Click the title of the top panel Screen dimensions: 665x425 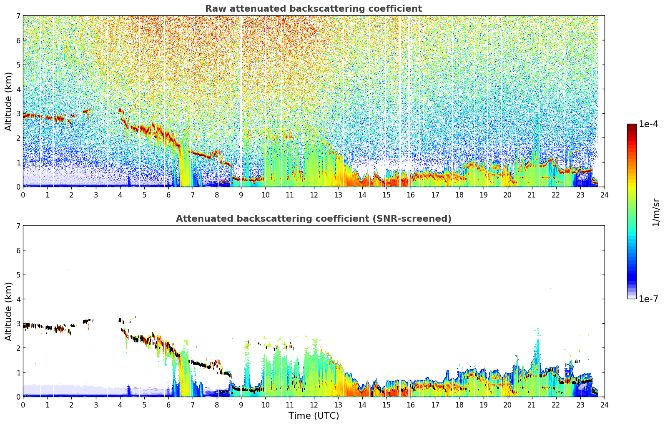point(314,9)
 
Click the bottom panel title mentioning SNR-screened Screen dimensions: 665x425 point(314,219)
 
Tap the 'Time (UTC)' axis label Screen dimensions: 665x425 point(314,415)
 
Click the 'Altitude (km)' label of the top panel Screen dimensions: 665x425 point(8,102)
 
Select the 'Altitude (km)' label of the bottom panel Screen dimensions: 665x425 point(8,311)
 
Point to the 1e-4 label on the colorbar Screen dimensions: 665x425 point(648,124)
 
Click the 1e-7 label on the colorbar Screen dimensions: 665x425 point(648,299)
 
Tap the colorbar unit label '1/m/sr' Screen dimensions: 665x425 point(655,212)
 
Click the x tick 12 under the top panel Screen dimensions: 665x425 point(314,195)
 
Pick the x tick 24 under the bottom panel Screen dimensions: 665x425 point(605,405)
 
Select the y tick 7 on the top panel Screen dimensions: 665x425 point(18,16)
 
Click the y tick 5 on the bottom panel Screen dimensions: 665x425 point(18,275)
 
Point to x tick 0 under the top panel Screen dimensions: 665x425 point(23,195)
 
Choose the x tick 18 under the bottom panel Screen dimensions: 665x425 point(459,405)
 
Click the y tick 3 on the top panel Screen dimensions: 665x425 point(18,113)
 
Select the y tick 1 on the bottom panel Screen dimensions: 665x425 point(18,372)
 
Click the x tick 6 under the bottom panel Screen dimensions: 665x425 point(168,405)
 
